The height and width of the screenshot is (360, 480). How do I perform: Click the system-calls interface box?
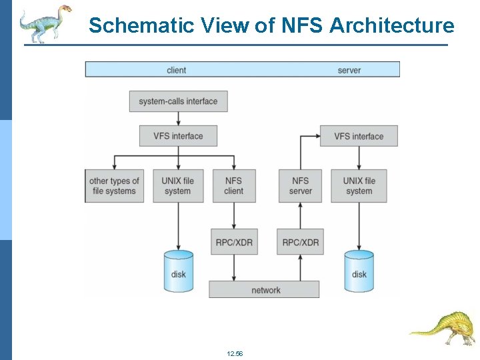[178, 101]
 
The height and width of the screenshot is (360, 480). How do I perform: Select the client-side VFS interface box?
[178, 136]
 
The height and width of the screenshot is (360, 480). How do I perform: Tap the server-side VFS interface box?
[359, 136]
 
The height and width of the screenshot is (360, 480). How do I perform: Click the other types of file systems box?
[114, 186]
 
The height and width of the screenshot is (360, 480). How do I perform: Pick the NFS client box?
[234, 186]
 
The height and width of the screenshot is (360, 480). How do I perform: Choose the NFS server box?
[301, 186]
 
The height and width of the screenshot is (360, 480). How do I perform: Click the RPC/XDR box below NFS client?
[234, 242]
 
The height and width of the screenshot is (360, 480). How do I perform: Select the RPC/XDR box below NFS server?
[301, 242]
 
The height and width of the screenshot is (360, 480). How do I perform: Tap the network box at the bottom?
[265, 290]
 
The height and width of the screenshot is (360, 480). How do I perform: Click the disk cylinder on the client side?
[179, 271]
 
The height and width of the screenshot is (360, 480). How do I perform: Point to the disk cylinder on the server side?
[359, 271]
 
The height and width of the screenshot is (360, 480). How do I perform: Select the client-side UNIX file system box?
[178, 186]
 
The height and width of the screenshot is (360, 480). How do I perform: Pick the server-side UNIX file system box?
[359, 186]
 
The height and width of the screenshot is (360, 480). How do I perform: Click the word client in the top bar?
[177, 70]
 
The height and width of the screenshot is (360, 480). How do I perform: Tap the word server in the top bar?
[349, 70]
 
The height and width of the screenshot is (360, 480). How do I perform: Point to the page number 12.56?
[235, 353]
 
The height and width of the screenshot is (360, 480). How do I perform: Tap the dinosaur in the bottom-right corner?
[443, 327]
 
